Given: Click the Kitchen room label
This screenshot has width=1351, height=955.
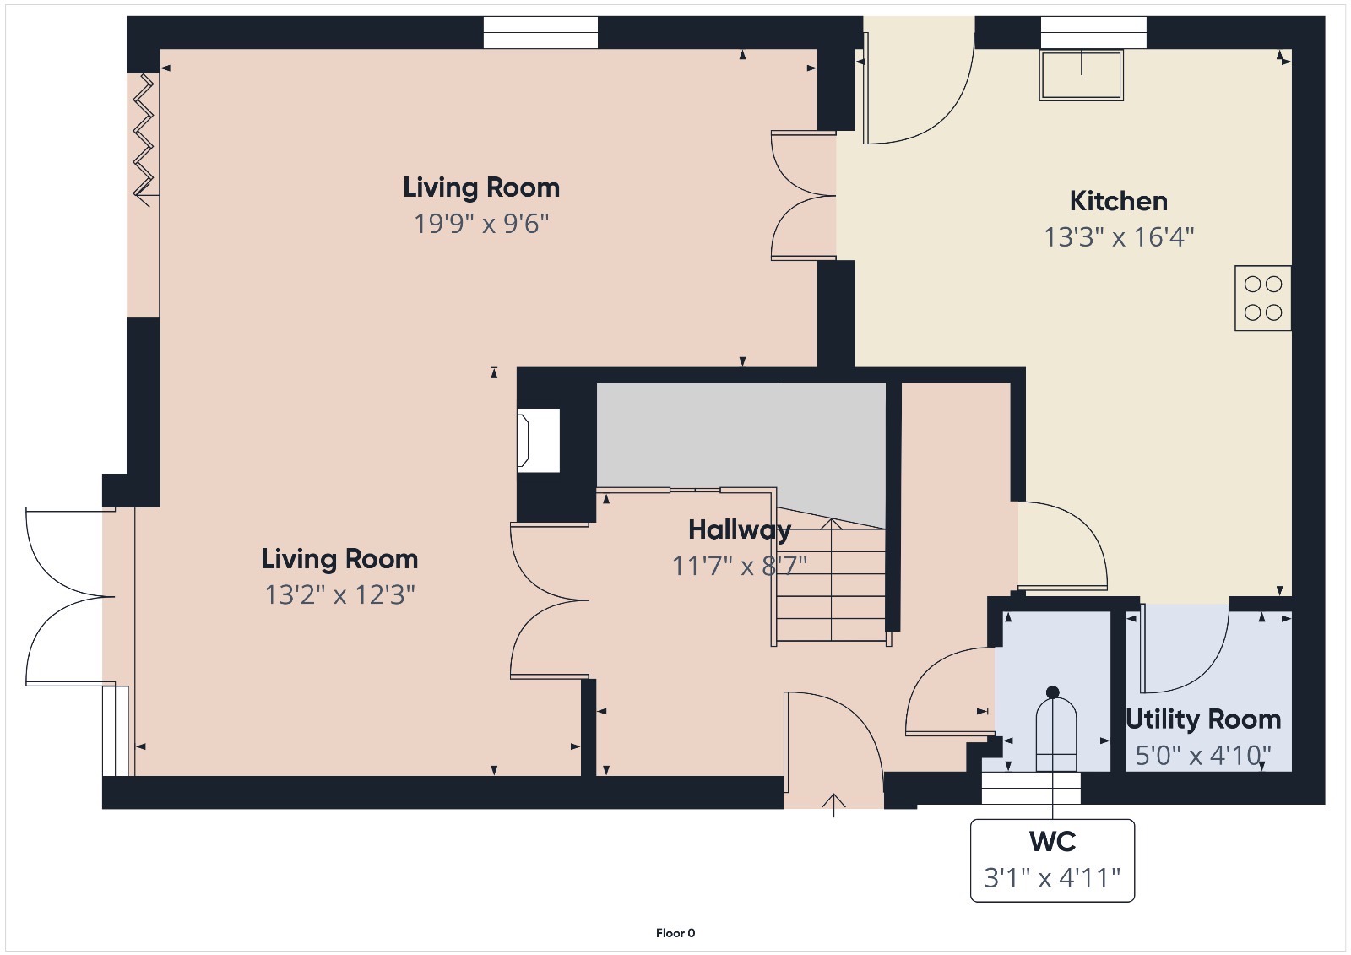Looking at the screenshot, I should pyautogui.click(x=1118, y=201).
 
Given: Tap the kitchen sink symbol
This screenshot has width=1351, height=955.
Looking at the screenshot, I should pyautogui.click(x=1082, y=75).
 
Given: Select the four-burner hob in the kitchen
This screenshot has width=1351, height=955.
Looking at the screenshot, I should pyautogui.click(x=1262, y=298).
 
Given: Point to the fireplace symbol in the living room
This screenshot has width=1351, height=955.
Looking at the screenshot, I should pyautogui.click(x=539, y=440).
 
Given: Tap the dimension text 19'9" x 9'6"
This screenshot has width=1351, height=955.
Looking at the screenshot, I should pyautogui.click(x=481, y=224).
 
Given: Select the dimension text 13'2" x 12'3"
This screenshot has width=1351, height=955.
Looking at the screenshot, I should pyautogui.click(x=339, y=594).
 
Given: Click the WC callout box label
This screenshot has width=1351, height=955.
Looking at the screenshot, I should pyautogui.click(x=1052, y=842).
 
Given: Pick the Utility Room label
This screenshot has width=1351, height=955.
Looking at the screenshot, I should pyautogui.click(x=1203, y=719).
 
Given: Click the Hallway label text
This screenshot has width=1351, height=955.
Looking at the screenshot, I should pyautogui.click(x=739, y=529).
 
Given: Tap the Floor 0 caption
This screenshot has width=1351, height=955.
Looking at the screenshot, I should pyautogui.click(x=675, y=933).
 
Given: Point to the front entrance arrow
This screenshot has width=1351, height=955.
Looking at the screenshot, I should pyautogui.click(x=834, y=804).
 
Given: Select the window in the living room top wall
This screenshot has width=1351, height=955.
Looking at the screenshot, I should pyautogui.click(x=540, y=32).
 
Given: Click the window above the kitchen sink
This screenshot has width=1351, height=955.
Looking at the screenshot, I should pyautogui.click(x=1093, y=32).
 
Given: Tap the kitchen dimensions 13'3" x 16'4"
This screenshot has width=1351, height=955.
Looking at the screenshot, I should pyautogui.click(x=1119, y=237).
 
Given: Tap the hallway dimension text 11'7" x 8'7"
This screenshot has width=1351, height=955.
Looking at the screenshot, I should pyautogui.click(x=739, y=566).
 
